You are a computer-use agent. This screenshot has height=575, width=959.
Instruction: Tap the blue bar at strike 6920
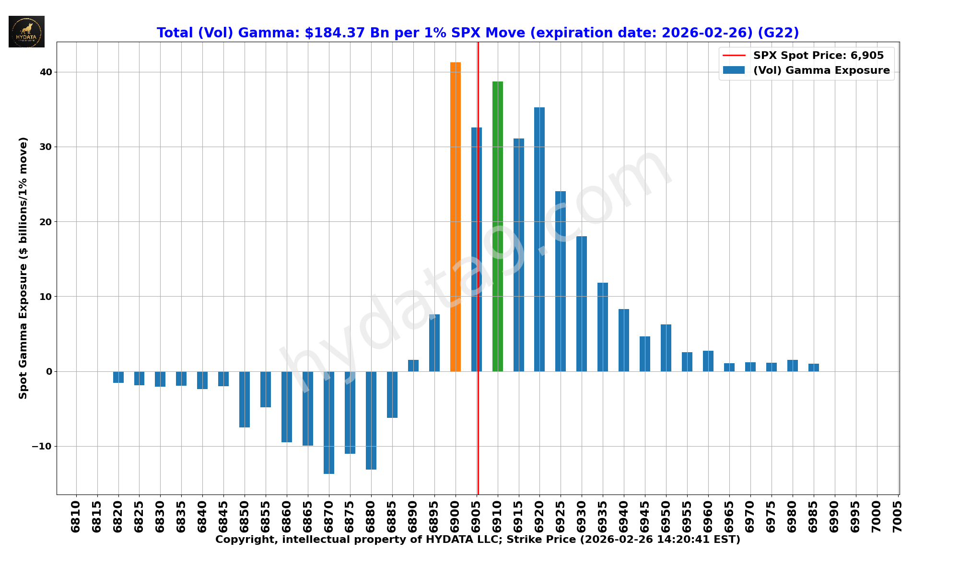[539, 239]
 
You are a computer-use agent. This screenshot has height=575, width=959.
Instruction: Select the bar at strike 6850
[245, 399]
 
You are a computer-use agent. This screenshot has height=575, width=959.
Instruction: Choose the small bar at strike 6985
[813, 368]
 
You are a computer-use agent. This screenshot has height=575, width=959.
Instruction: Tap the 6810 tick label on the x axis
[76, 517]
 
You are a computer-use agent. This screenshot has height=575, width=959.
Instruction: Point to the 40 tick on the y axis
[46, 72]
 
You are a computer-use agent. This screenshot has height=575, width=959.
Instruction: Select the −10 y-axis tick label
[42, 447]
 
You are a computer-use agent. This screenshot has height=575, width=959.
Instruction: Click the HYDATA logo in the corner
[26, 32]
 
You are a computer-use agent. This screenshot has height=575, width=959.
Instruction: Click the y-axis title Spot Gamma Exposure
[23, 268]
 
